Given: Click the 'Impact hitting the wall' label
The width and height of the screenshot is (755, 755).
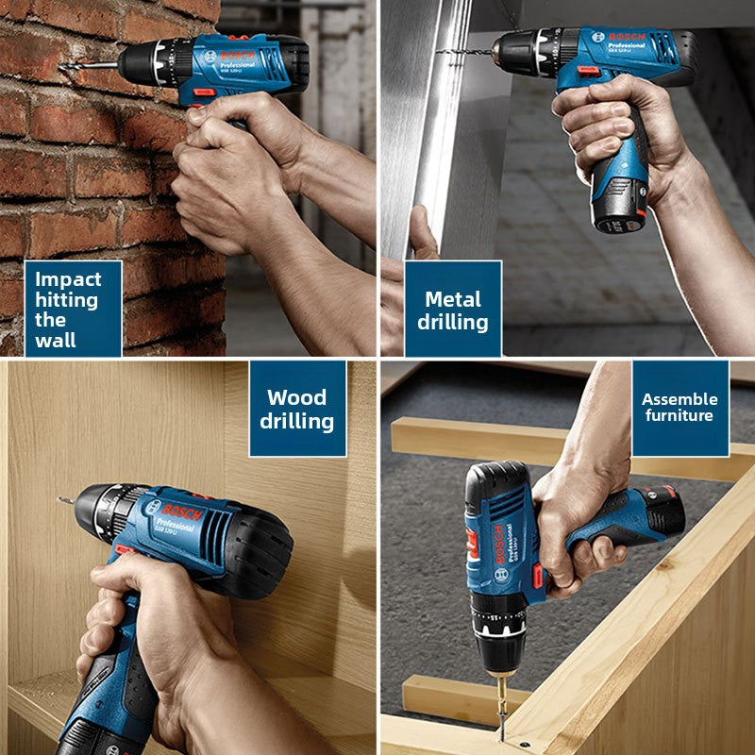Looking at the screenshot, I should pyautogui.click(x=74, y=308).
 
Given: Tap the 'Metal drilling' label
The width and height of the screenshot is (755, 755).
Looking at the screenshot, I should pyautogui.click(x=456, y=310).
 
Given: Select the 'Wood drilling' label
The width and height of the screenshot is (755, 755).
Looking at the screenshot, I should pyautogui.click(x=297, y=408).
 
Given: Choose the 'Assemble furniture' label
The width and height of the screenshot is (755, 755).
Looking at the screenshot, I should pyautogui.click(x=679, y=407).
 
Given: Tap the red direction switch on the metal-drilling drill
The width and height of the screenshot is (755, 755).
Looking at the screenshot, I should pyautogui.click(x=587, y=72).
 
